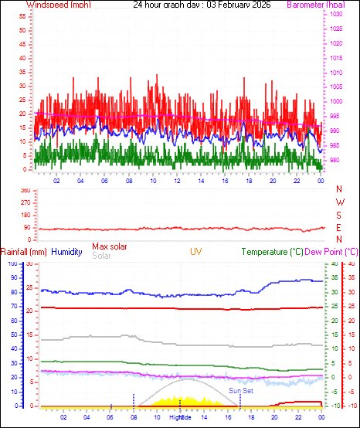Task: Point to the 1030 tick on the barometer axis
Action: [x=337, y=15]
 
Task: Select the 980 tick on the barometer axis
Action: [x=335, y=161]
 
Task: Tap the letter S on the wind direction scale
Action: [x=339, y=215]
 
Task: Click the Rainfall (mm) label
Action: [x=24, y=252]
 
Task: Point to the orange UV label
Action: [x=197, y=252]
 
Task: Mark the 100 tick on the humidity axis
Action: [x=12, y=264]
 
